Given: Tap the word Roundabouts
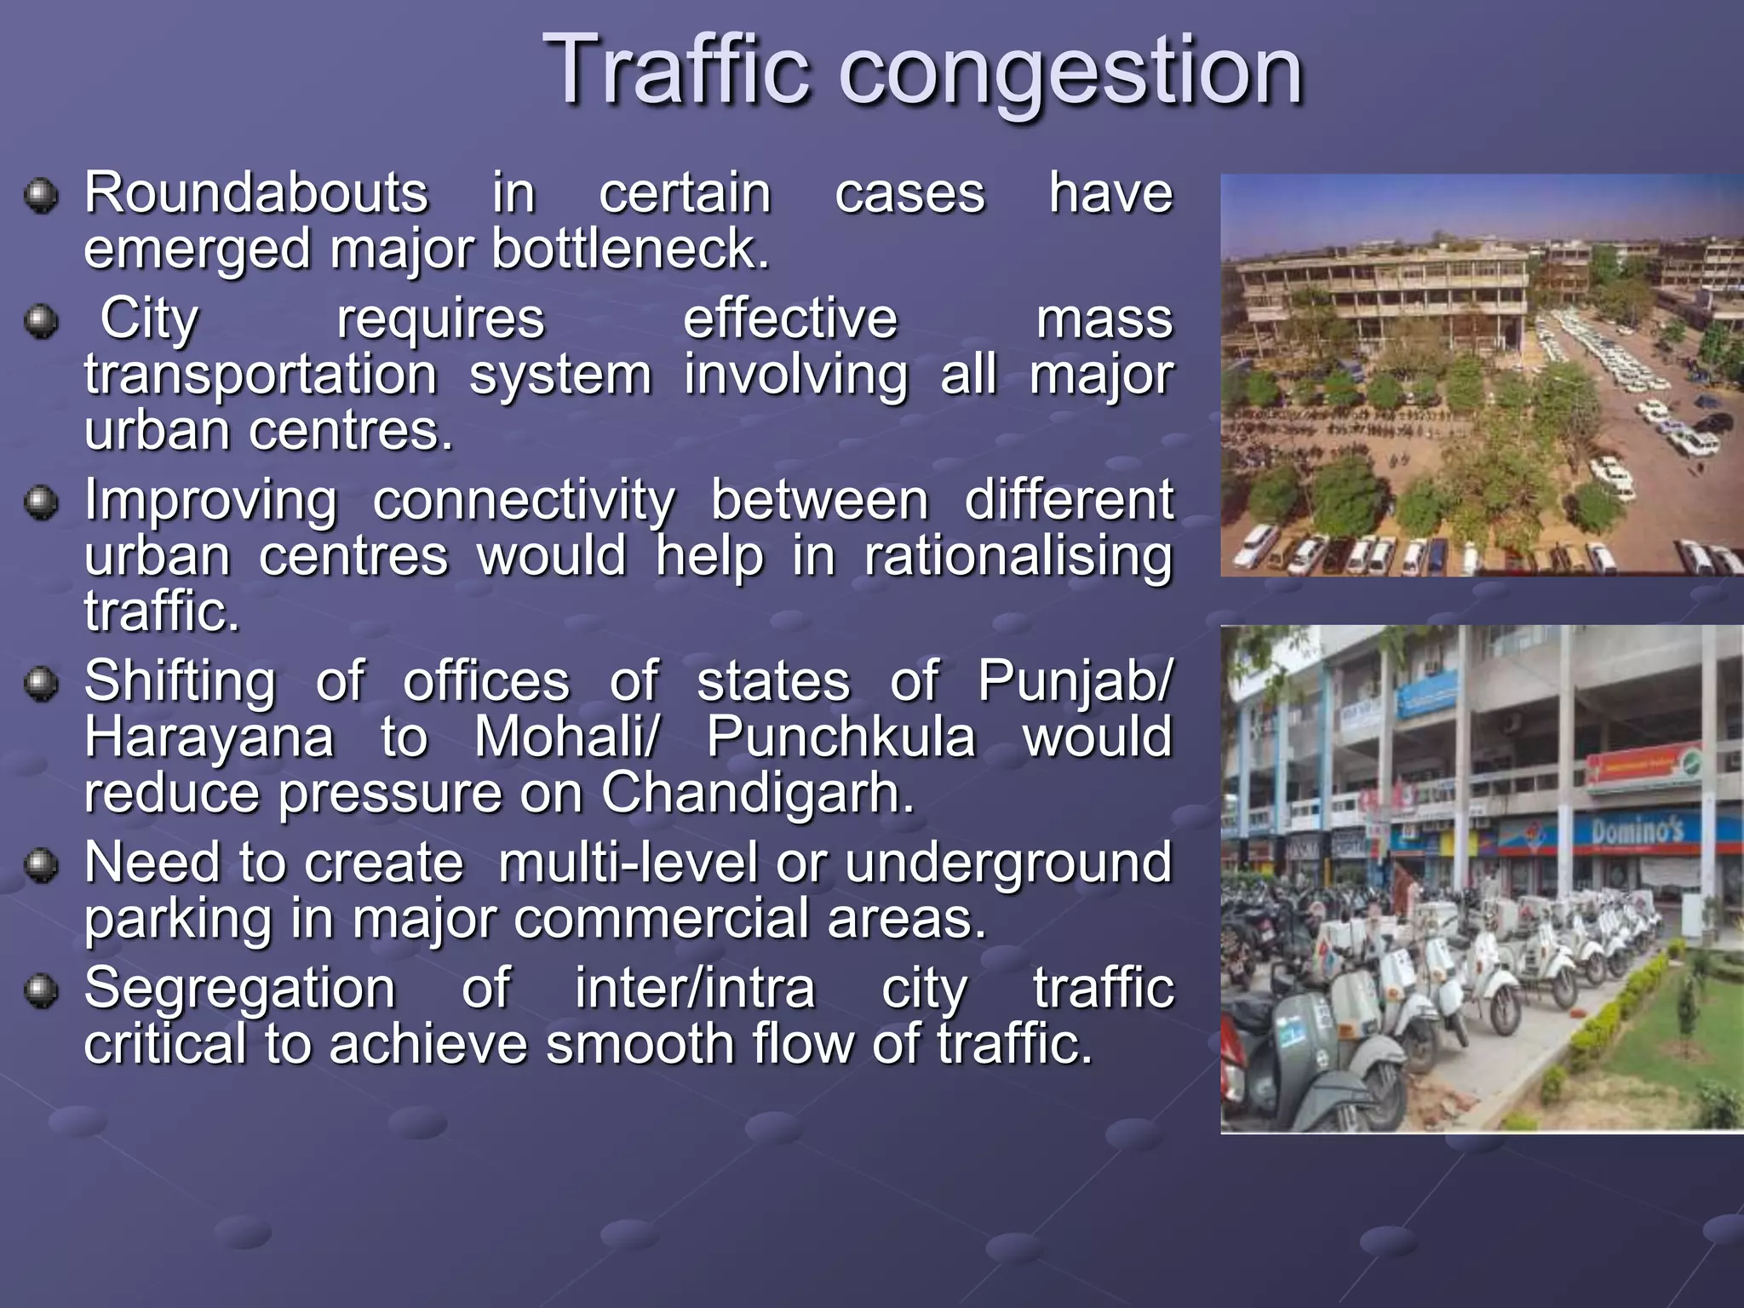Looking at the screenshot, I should (x=256, y=192).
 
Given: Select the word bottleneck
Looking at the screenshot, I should (x=630, y=249).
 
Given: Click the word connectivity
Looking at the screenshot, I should (x=524, y=501).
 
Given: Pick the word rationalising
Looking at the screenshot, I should (x=1018, y=557).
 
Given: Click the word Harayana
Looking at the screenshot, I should (x=209, y=737).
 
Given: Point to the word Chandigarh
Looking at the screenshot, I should (x=757, y=793).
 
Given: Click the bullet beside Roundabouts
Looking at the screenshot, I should (x=40, y=196).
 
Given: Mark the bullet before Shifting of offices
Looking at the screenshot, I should (x=40, y=684).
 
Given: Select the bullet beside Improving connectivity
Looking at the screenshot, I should (x=40, y=502).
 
